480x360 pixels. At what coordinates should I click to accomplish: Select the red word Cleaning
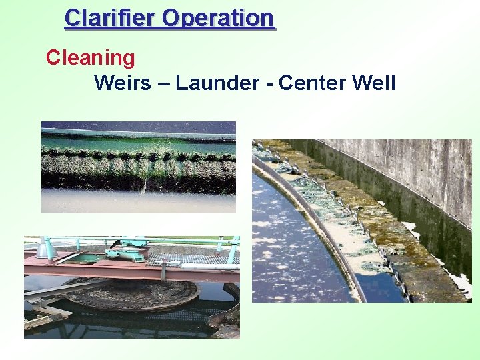point(90,58)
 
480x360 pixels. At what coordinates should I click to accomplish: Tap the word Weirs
point(123,83)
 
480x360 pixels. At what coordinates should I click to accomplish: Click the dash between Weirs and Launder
point(164,84)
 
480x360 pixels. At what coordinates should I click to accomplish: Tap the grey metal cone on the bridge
point(45,251)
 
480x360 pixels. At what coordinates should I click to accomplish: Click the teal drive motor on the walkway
point(127,253)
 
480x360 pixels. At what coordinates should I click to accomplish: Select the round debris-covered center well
point(133,293)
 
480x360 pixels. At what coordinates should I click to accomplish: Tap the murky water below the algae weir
point(133,201)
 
